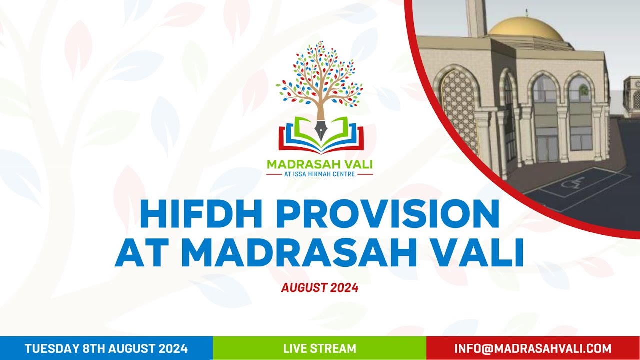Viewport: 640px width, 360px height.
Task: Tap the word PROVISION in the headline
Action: pyautogui.click(x=388, y=214)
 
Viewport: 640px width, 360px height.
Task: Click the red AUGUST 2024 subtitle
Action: pyautogui.click(x=320, y=288)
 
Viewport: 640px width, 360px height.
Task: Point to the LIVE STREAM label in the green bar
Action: pyautogui.click(x=320, y=348)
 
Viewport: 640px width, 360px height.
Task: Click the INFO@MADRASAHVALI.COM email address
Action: pyautogui.click(x=533, y=348)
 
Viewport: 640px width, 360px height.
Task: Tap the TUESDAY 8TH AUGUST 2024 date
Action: pyautogui.click(x=106, y=348)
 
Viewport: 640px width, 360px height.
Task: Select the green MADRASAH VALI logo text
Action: pyautogui.click(x=320, y=164)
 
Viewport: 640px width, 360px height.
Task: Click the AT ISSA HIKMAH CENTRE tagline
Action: pyautogui.click(x=320, y=174)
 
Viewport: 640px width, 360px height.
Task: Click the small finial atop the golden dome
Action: pyautogui.click(x=526, y=12)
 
